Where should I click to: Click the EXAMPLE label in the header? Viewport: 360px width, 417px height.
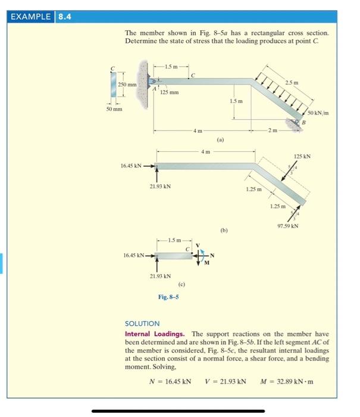(x=30, y=17)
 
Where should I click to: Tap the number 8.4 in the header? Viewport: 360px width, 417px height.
(x=65, y=17)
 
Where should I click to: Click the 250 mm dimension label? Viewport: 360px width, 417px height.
(x=127, y=85)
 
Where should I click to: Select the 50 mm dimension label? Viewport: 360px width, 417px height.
(x=114, y=109)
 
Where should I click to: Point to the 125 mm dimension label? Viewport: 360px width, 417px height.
(x=170, y=92)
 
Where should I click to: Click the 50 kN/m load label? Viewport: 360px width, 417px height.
(x=318, y=113)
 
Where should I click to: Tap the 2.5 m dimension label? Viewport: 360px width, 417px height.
(x=292, y=83)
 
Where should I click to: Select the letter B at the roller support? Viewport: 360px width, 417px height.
(x=304, y=123)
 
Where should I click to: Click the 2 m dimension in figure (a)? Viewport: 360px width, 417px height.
(x=273, y=130)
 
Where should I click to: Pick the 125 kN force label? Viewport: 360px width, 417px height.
(x=302, y=156)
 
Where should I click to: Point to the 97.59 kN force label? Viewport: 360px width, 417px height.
(x=288, y=226)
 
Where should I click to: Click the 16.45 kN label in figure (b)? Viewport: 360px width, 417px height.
(x=131, y=166)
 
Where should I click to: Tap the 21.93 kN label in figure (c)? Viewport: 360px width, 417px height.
(x=160, y=276)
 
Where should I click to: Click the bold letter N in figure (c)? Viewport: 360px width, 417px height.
(x=212, y=256)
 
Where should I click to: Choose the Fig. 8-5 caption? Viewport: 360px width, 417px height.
(x=168, y=297)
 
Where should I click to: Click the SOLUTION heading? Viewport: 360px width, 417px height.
(x=142, y=323)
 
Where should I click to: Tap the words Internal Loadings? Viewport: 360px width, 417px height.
(x=155, y=334)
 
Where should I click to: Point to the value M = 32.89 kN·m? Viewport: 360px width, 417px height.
(x=287, y=382)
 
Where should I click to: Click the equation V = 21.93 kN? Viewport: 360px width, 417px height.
(x=226, y=382)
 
